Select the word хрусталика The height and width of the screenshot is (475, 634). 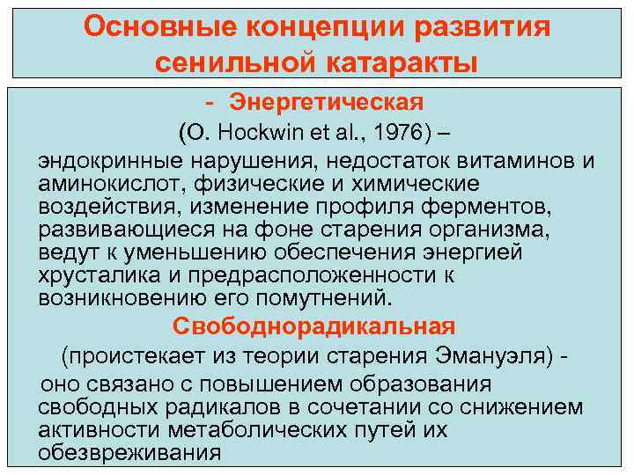tap(101, 275)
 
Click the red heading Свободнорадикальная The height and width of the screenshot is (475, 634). tap(313, 327)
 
